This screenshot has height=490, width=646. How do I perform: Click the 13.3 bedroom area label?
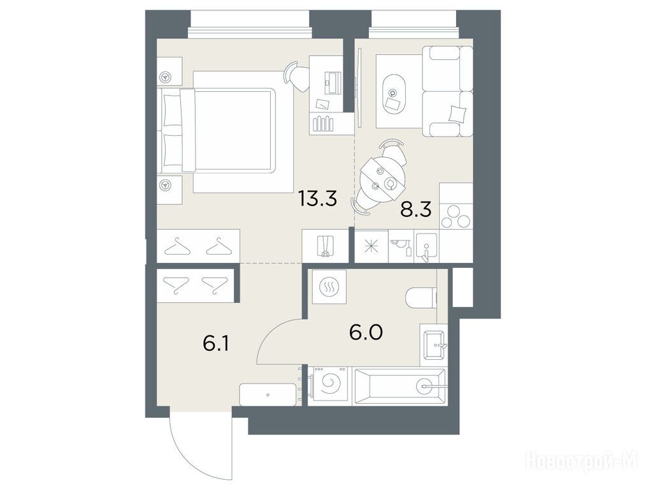[x=319, y=198]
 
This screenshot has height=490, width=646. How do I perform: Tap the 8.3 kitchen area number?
[x=416, y=209]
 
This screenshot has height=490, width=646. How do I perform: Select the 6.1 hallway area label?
[x=215, y=343]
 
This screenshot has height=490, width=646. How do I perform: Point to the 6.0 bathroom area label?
[x=366, y=332]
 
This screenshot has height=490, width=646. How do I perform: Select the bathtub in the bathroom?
[x=399, y=385]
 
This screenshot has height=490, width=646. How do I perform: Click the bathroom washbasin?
[x=433, y=345]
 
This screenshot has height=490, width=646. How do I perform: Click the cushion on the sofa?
[x=457, y=112]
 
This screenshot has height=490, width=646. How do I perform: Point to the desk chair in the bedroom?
[x=295, y=77]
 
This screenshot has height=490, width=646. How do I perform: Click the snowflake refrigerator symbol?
[x=371, y=246]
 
